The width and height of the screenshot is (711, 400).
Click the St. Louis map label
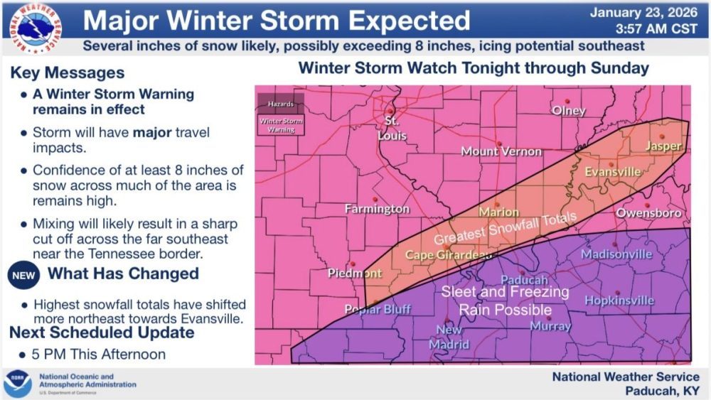(x=392, y=127)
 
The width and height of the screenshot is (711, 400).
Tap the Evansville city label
(x=612, y=172)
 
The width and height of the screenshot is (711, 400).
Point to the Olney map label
(x=569, y=111)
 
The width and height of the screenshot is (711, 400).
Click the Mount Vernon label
(x=501, y=151)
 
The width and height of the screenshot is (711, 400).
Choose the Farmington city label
(x=377, y=209)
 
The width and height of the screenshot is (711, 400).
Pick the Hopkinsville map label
(x=619, y=301)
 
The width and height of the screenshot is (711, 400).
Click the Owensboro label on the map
(x=648, y=213)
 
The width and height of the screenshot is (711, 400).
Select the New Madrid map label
(x=449, y=337)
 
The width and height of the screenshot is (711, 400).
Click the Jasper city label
(x=663, y=146)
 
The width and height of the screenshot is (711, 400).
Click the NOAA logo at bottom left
(x=18, y=384)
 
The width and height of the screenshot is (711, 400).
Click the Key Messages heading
(x=68, y=73)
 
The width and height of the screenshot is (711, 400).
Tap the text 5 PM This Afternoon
(x=100, y=354)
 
